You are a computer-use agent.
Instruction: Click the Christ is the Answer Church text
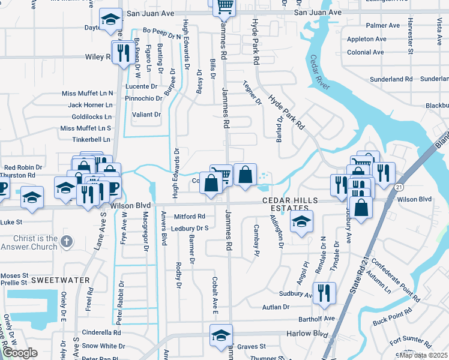pyautogui.click(x=29, y=242)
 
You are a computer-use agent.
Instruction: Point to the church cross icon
pyautogui.click(x=67, y=242)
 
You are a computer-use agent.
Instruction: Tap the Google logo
pyautogui.click(x=20, y=353)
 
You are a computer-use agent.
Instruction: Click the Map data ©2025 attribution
pyautogui.click(x=423, y=355)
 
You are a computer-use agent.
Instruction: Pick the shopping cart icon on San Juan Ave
pyautogui.click(x=224, y=7)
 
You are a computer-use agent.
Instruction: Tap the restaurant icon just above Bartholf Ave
pyautogui.click(x=324, y=292)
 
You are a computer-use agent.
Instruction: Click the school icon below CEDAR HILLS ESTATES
pyautogui.click(x=301, y=221)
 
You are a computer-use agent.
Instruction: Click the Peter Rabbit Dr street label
pyautogui.click(x=120, y=303)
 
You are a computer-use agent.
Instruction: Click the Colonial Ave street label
pyautogui.click(x=365, y=52)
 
